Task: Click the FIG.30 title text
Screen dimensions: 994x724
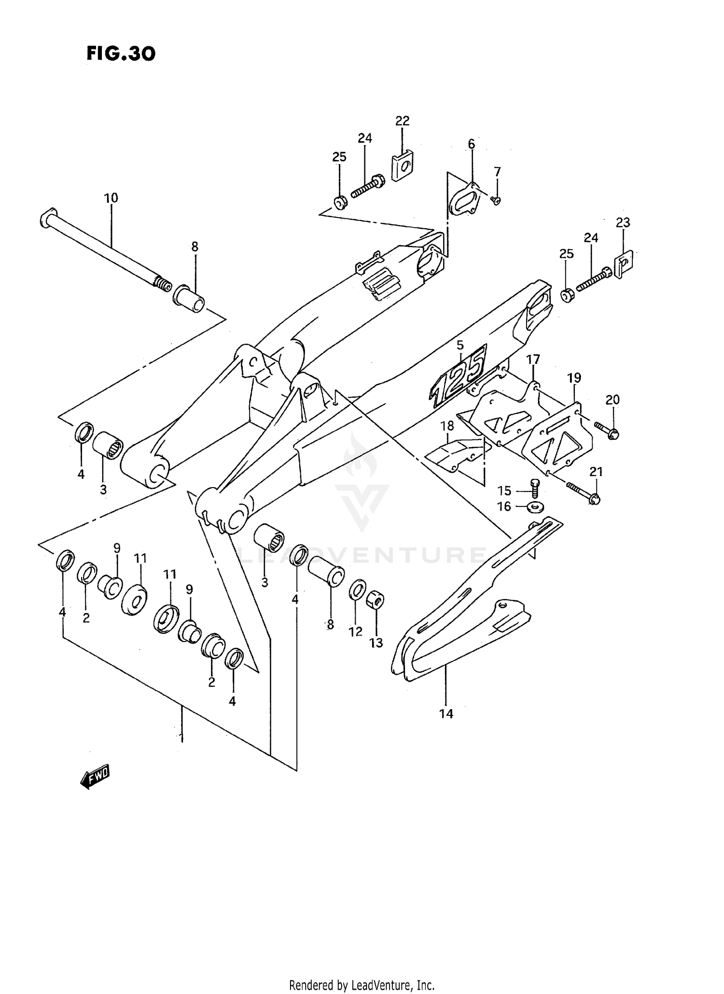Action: (x=121, y=53)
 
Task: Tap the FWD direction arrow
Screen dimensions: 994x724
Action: (x=96, y=776)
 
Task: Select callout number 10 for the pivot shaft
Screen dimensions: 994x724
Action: (x=111, y=198)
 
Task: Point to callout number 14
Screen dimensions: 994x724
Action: (x=446, y=714)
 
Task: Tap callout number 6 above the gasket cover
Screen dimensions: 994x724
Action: (x=471, y=144)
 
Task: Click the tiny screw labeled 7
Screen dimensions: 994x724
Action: (x=496, y=200)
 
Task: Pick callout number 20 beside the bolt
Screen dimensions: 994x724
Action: (x=613, y=400)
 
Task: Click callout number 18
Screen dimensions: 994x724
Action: (x=447, y=426)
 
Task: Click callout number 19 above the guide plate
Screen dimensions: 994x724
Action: (x=574, y=378)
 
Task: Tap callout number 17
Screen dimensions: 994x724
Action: (x=533, y=359)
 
